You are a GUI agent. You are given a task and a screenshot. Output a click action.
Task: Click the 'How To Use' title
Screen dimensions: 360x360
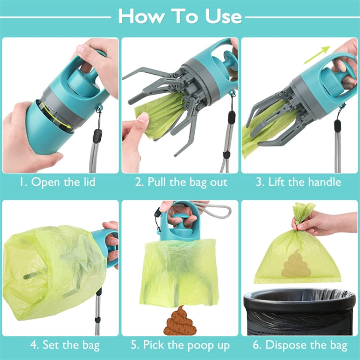(x=180, y=16)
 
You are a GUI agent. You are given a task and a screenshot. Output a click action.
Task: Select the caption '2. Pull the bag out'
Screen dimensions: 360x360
(x=181, y=182)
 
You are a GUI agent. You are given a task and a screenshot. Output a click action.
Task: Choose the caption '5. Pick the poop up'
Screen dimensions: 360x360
(x=181, y=345)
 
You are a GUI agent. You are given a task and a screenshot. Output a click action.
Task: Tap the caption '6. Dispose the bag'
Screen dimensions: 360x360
(x=300, y=345)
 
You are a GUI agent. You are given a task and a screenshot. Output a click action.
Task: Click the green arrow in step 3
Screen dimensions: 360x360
(x=318, y=54)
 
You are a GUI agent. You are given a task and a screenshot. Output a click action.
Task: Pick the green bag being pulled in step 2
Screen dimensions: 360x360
(x=158, y=115)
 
